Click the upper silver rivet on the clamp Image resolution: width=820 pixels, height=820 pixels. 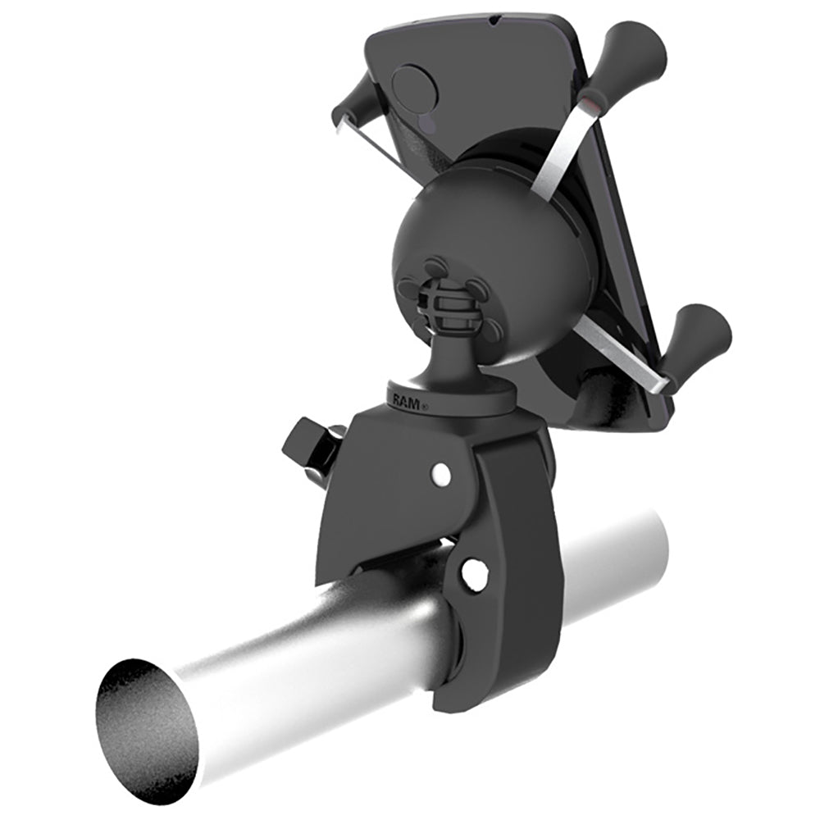pos(441,472)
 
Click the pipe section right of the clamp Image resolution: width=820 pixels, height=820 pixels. pos(607,558)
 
